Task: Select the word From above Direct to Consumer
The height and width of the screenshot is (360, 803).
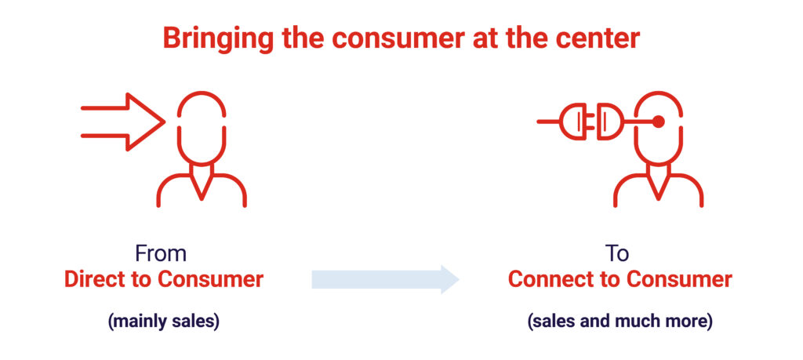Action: [x=161, y=253]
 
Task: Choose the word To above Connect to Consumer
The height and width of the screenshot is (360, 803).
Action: [x=619, y=253]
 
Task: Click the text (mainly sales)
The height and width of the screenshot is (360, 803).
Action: [x=163, y=322]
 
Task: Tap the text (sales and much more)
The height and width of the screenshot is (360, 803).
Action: [x=620, y=322]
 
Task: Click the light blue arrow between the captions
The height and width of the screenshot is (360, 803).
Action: [x=384, y=279]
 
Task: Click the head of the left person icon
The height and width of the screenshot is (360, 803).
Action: [x=202, y=125]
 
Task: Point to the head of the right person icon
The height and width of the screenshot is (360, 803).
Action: [x=659, y=125]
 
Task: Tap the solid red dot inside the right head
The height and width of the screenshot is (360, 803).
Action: [x=659, y=122]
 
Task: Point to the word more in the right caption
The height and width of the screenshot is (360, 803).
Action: [x=689, y=322]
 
